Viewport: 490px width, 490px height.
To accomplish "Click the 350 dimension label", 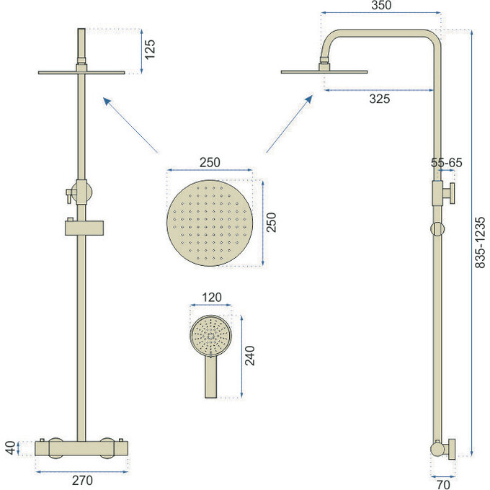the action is pos(381,5).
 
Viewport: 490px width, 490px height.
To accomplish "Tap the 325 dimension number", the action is pos(379,99).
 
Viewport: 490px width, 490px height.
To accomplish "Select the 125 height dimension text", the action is pos(150,49).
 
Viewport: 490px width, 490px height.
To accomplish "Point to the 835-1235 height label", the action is pos(480,243).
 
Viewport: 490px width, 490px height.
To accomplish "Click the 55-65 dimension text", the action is pos(446,163).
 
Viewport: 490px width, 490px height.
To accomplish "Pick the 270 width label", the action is pos(82,481).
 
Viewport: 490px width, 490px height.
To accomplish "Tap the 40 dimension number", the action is pos(10,447).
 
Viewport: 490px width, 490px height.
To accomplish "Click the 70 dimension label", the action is pos(443,484).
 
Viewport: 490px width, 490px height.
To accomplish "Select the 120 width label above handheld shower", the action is pos(212,297).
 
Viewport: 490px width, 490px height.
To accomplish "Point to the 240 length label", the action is pos(250,356).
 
